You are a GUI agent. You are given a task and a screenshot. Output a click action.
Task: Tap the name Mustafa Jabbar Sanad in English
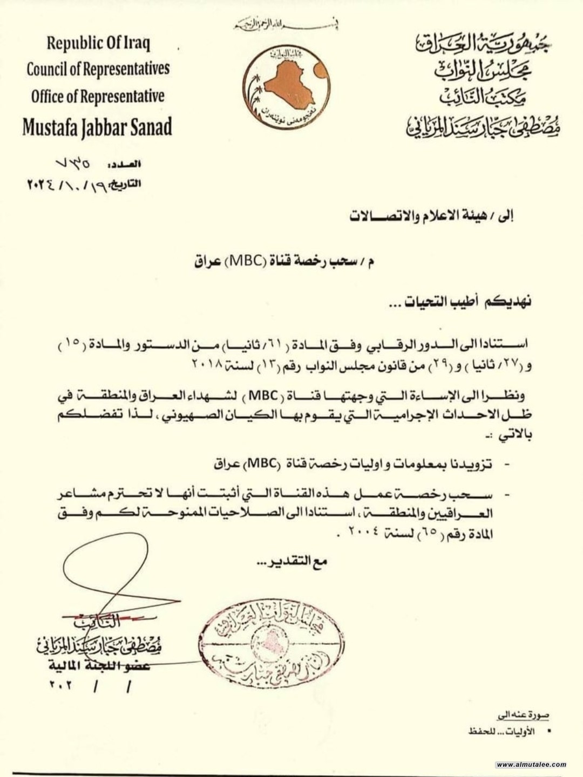point(97,127)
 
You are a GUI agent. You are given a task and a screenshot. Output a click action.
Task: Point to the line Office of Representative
point(98,97)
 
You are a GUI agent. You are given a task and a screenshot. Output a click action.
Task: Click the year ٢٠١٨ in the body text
point(207,363)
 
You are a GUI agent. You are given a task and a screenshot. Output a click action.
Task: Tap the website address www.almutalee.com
point(531,764)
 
